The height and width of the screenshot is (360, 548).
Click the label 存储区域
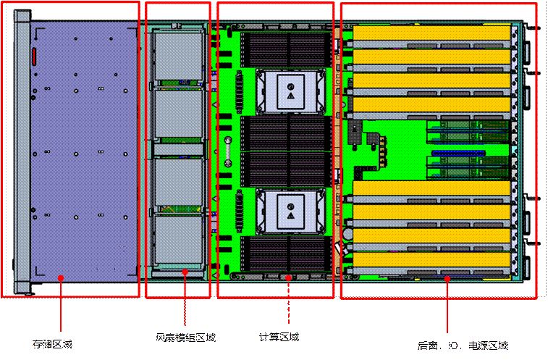click(x=52, y=342)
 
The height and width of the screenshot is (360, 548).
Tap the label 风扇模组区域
click(x=185, y=338)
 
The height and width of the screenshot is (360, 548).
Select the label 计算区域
click(x=279, y=337)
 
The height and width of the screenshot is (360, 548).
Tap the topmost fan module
click(x=177, y=56)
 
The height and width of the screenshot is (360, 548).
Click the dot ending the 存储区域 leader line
click(x=60, y=276)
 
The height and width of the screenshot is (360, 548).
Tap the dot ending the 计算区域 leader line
click(x=288, y=276)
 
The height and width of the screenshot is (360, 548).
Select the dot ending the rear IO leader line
click(x=447, y=277)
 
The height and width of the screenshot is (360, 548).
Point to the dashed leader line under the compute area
click(x=288, y=304)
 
